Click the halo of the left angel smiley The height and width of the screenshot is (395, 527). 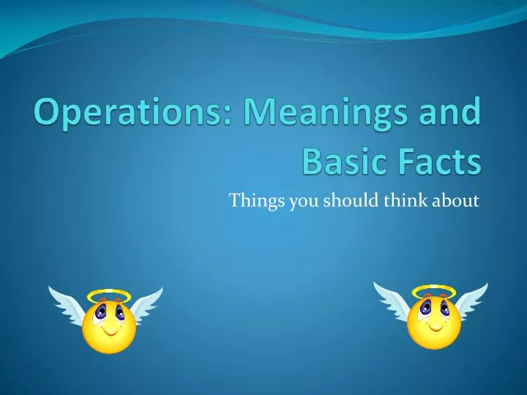[108, 296]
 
